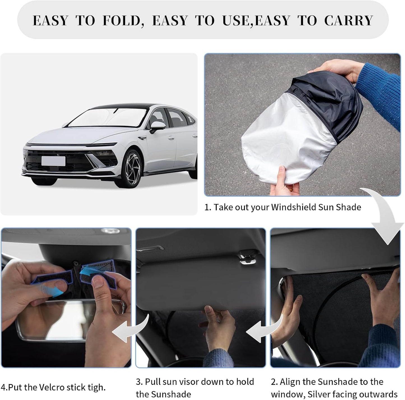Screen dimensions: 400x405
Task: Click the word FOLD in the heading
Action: tap(121, 21)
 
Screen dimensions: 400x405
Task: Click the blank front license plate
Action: tap(53, 161)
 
